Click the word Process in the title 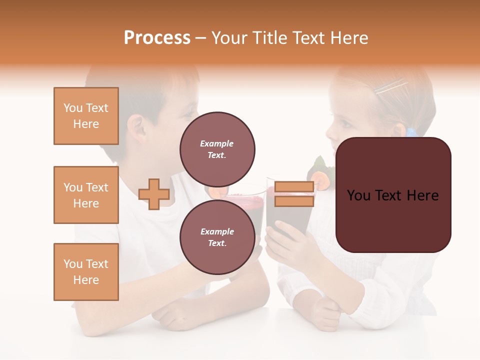(157, 38)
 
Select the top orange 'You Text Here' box (86, 116)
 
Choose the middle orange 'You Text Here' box (86, 195)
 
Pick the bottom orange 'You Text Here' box (86, 272)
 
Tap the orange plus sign (154, 194)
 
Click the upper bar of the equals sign (294, 186)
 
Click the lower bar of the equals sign (294, 201)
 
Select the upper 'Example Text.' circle (217, 149)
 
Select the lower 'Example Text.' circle (217, 237)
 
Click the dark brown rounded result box (393, 195)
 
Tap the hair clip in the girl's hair (390, 87)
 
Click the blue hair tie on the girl (411, 132)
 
